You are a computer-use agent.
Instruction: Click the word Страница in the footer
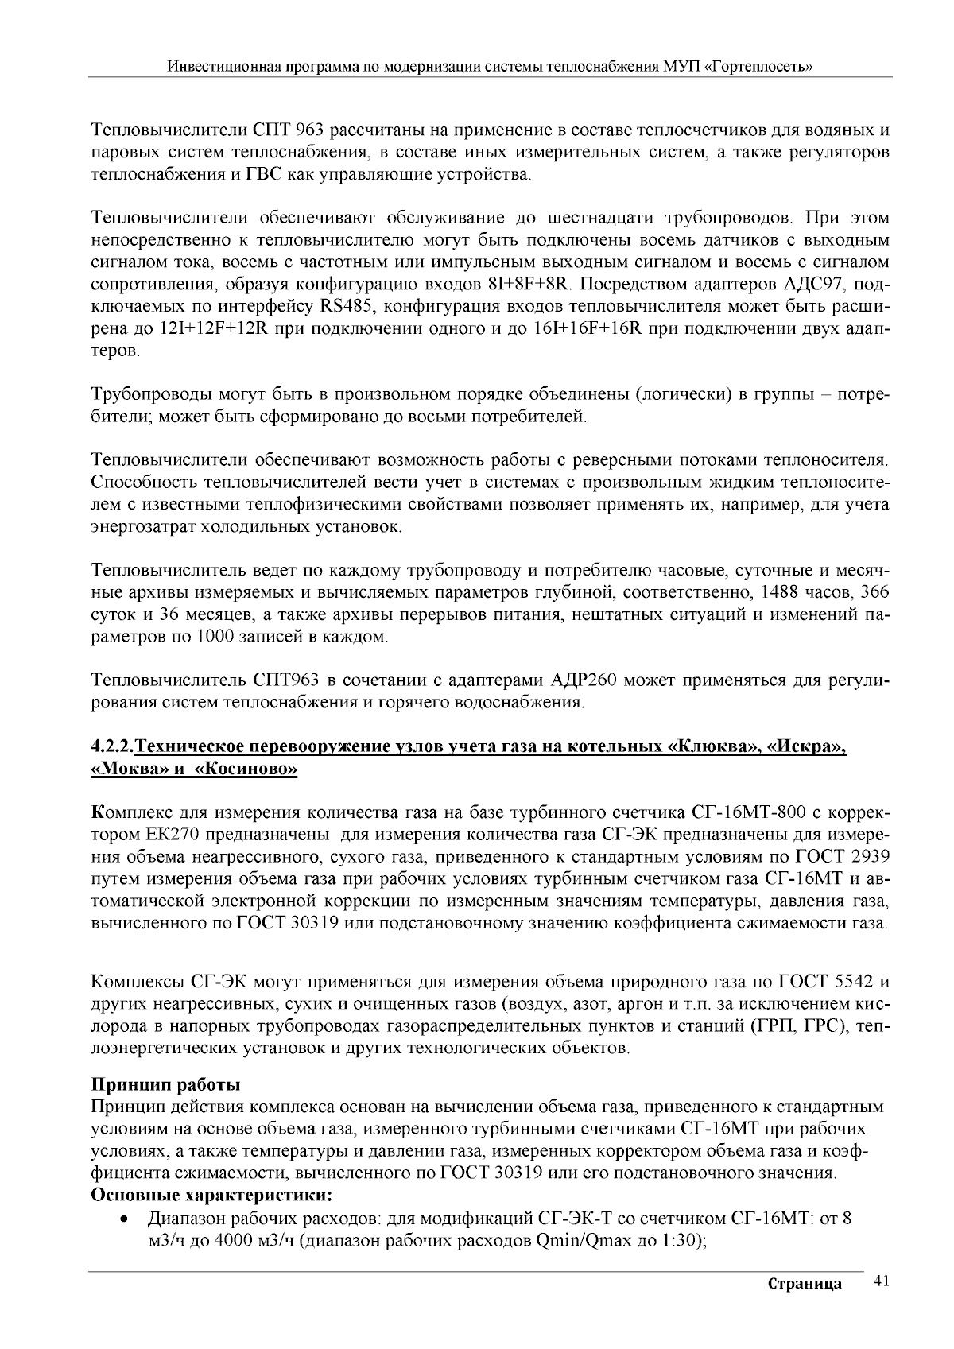point(805,1285)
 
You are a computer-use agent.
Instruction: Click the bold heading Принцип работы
point(166,1085)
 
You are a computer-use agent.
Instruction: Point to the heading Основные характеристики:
point(211,1196)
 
